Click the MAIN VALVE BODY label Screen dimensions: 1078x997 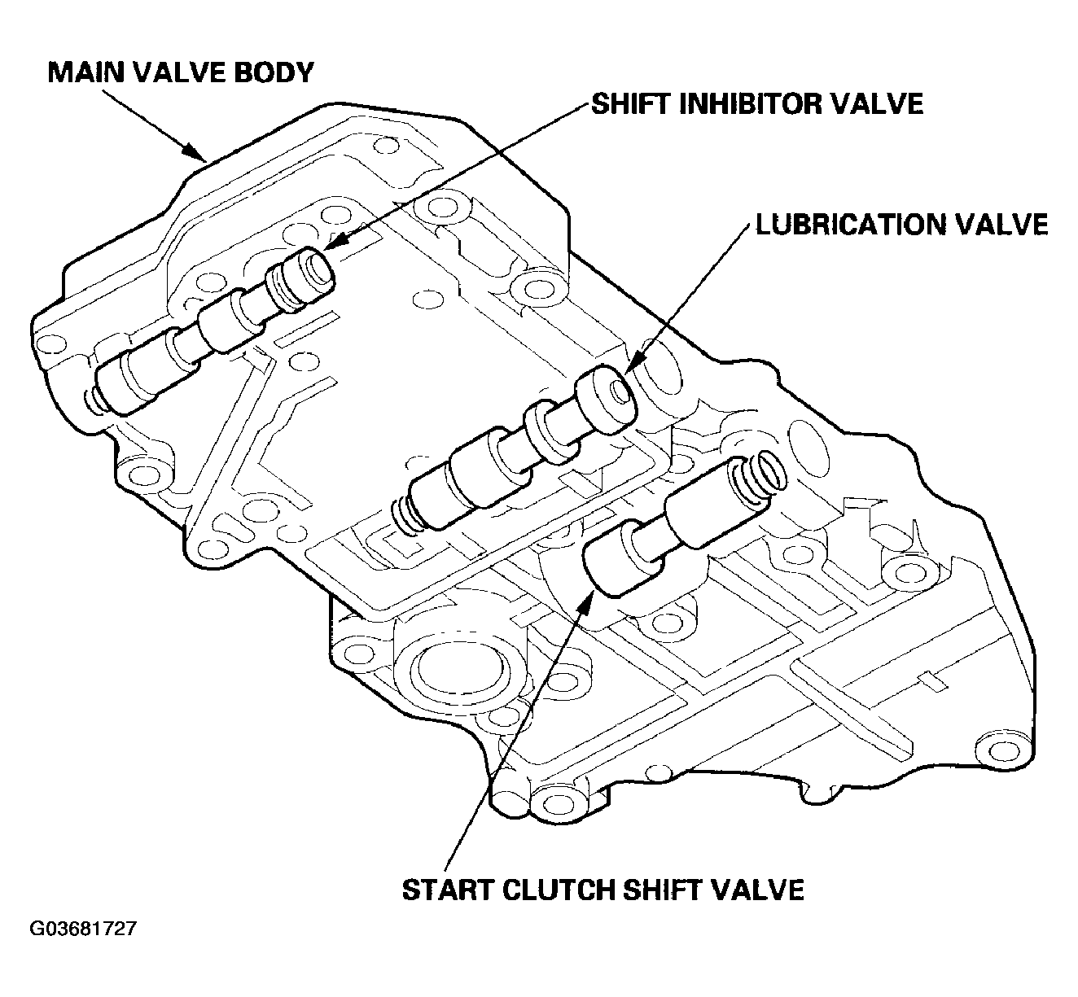[x=181, y=72]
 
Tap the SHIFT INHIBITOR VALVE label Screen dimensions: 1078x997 [x=757, y=103]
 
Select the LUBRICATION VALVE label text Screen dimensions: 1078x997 [x=901, y=225]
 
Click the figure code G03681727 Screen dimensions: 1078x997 [x=83, y=929]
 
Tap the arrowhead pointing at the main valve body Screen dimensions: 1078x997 [x=196, y=152]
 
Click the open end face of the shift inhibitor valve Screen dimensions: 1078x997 [x=317, y=268]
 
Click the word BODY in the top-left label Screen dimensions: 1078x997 [x=274, y=72]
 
